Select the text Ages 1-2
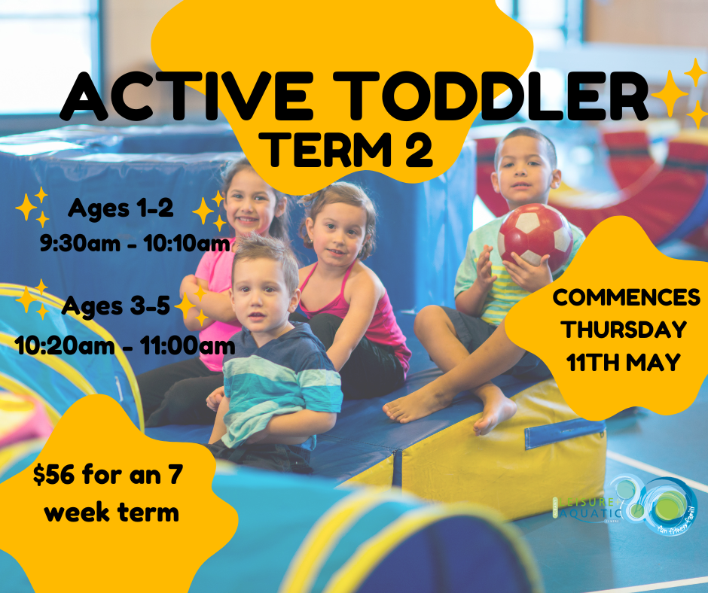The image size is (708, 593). click(121, 208)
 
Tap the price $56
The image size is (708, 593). click(57, 475)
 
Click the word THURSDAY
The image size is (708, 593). click(626, 330)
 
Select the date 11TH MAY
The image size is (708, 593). click(624, 362)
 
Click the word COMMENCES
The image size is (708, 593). click(626, 296)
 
